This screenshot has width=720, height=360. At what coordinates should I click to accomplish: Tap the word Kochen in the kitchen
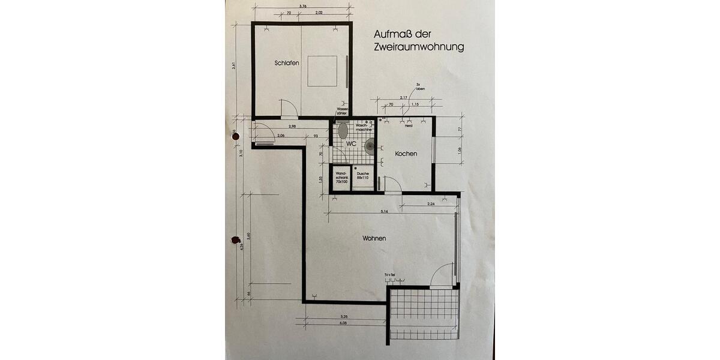(x=406, y=154)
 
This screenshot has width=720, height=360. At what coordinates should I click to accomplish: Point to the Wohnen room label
(x=373, y=239)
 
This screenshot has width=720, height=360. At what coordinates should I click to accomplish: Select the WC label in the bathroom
(x=351, y=144)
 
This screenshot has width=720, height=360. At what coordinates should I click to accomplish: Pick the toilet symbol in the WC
(x=343, y=130)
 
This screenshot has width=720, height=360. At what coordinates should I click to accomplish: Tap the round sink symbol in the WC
(x=370, y=145)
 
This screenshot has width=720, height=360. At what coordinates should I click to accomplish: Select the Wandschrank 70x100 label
(x=342, y=177)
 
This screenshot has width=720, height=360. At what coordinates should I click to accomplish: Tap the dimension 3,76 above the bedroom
(x=303, y=7)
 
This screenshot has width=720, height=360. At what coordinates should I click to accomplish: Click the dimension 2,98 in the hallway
(x=292, y=127)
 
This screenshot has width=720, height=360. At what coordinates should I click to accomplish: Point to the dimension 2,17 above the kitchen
(x=403, y=98)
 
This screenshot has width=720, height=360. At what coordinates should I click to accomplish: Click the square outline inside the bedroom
(x=323, y=71)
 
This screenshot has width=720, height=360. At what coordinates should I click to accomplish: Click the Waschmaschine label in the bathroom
(x=365, y=128)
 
